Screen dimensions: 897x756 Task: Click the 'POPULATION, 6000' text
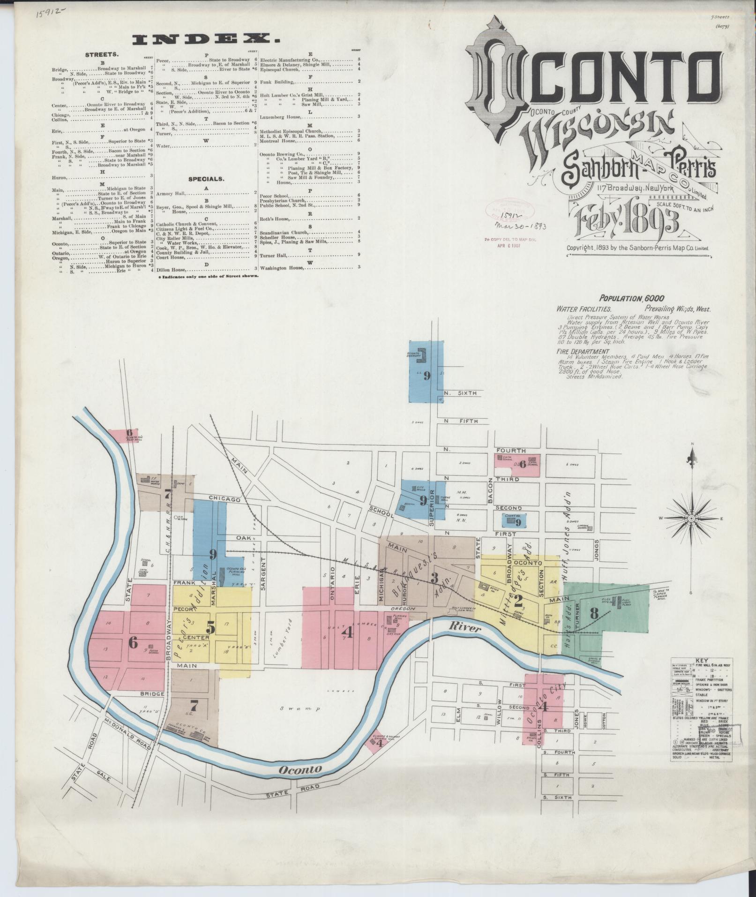click(631, 298)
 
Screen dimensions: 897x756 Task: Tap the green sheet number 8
click(594, 612)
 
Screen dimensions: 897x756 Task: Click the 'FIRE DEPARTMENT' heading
click(583, 351)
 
